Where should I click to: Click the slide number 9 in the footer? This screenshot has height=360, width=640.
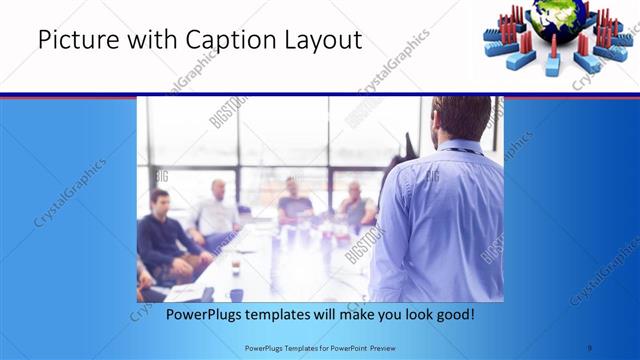point(589,347)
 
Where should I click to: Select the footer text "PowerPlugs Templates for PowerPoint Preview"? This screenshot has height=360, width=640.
point(319,347)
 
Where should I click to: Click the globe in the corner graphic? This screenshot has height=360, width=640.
point(552,21)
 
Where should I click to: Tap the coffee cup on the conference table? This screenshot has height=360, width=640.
point(235,269)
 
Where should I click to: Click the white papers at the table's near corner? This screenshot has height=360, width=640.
point(186,291)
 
